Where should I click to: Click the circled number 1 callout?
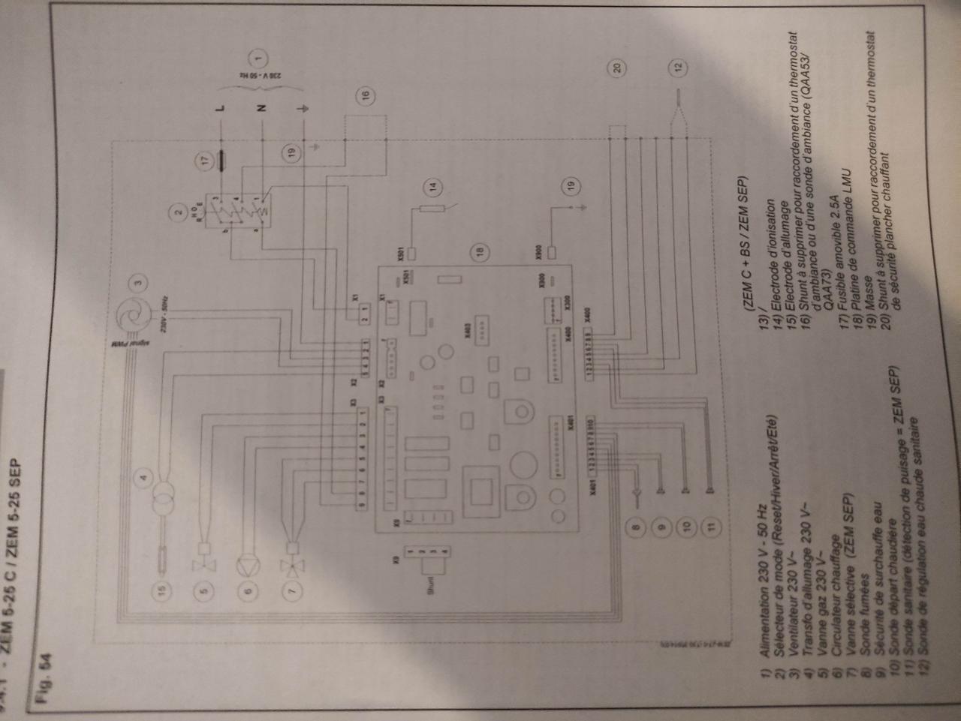pos(259,56)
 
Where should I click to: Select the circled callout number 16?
pos(365,95)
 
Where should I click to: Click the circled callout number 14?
pos(432,186)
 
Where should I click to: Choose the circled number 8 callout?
pos(636,527)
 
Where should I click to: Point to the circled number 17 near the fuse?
pos(203,159)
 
